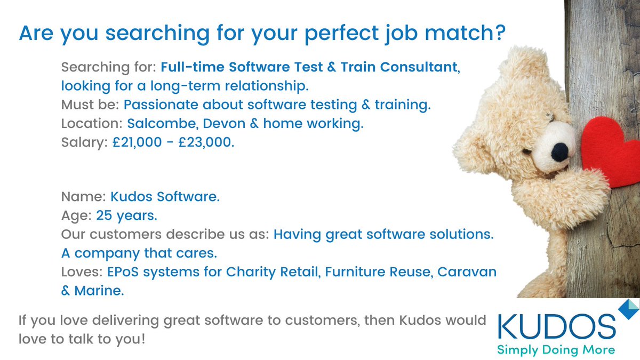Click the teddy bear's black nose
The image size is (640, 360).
click(x=559, y=153)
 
